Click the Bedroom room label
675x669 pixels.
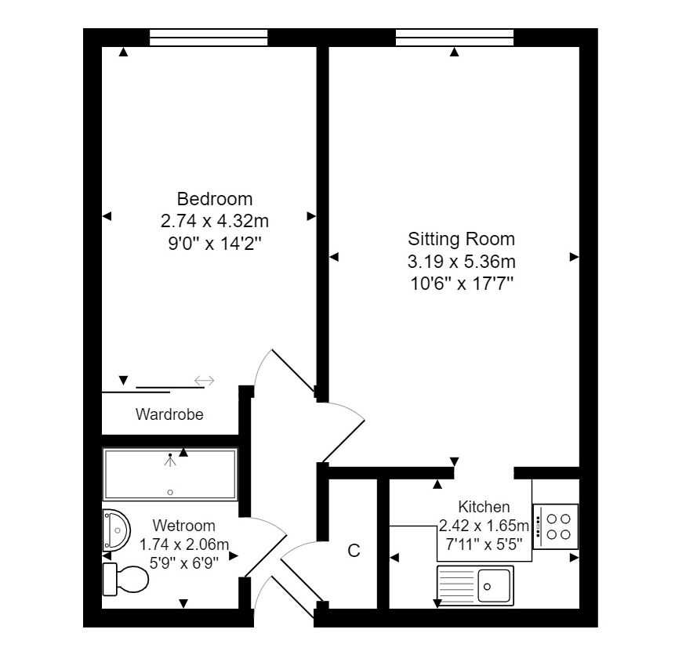pos(214,199)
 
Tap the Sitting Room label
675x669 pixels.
pos(461,239)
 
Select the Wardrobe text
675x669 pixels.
pos(169,414)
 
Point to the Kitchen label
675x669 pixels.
pos(484,507)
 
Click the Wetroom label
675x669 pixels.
pos(183,526)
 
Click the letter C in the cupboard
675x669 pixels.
pos(354,551)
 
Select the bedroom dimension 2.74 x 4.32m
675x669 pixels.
pos(214,221)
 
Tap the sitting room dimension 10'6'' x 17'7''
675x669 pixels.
pos(462,284)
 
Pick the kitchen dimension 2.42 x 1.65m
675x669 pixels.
pos(484,526)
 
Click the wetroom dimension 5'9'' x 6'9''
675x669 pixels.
pos(183,562)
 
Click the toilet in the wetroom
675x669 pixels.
pos(125,579)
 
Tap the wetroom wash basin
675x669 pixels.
pos(116,530)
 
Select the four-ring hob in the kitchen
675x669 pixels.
pos(555,526)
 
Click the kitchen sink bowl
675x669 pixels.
pos(493,586)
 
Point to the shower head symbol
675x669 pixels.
pos(170,460)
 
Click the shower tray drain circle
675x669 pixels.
pos(170,492)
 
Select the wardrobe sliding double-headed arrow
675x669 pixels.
pos(204,380)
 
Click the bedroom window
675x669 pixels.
pos(209,38)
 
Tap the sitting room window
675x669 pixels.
pos(455,38)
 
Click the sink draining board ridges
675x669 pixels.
pos(456,586)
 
